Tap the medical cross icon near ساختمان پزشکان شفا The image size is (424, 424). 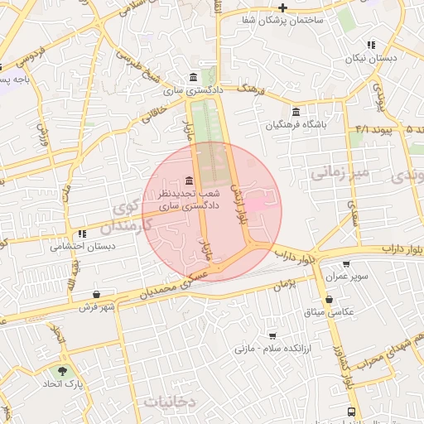click(x=282, y=7)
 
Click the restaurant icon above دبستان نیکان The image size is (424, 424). click(x=371, y=45)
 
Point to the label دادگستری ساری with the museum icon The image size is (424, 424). click(x=184, y=89)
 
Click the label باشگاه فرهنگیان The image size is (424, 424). click(x=296, y=125)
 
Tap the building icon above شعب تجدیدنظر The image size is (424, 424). click(x=190, y=181)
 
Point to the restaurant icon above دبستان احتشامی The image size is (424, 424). click(x=82, y=234)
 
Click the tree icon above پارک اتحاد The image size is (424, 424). click(x=62, y=372)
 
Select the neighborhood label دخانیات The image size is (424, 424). click(x=171, y=402)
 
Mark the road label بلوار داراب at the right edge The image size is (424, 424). click(x=402, y=248)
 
